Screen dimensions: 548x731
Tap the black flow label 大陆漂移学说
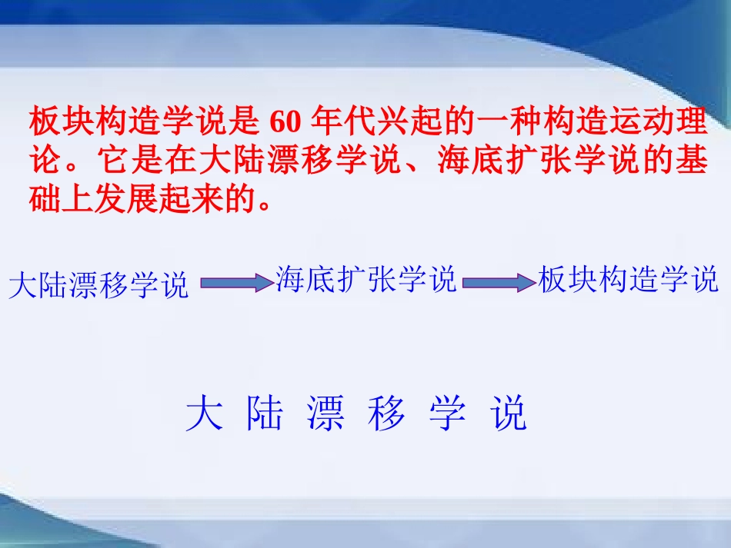pyautogui.click(x=98, y=285)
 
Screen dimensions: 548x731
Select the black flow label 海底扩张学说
pyautogui.click(x=366, y=280)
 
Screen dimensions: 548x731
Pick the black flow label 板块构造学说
pyautogui.click(x=629, y=280)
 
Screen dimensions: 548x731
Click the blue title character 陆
pyautogui.click(x=265, y=414)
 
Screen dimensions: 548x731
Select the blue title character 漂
pyautogui.click(x=325, y=414)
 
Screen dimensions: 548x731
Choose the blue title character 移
pyautogui.click(x=386, y=414)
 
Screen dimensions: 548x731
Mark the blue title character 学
pyautogui.click(x=447, y=414)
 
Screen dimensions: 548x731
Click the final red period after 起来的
pyautogui.click(x=265, y=203)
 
